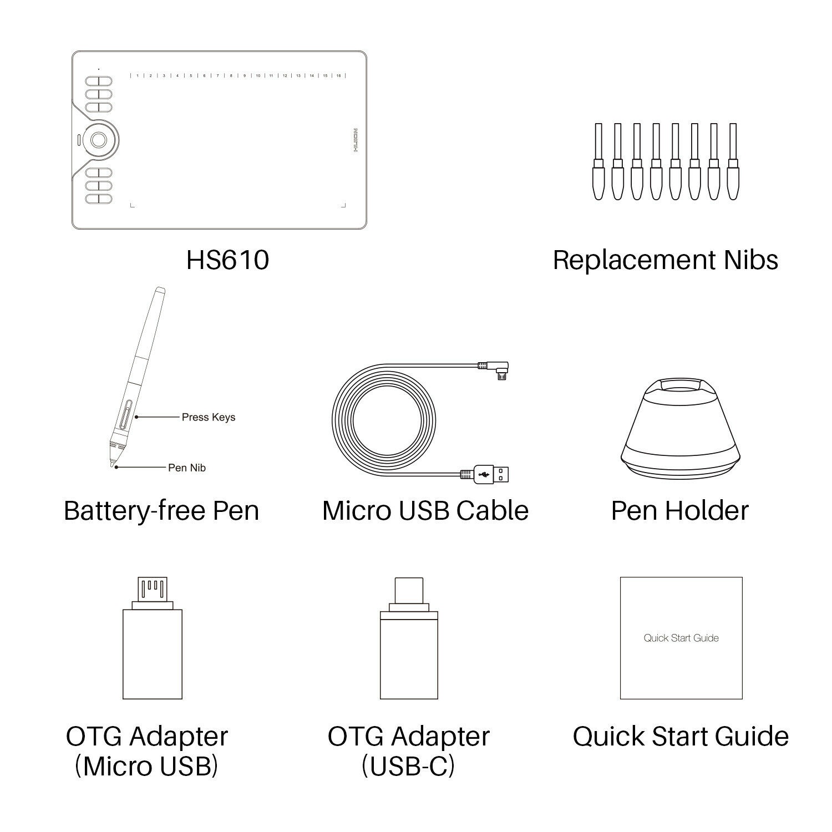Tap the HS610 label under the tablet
(227, 260)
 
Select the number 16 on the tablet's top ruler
(338, 75)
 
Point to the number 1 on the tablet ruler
(137, 75)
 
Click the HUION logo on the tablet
(356, 140)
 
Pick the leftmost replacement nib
(598, 161)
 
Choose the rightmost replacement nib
(733, 161)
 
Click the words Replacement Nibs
(665, 260)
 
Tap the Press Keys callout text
(209, 417)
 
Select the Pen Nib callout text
(187, 468)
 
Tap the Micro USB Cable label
(425, 510)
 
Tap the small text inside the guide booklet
(681, 638)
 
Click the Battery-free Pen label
(161, 510)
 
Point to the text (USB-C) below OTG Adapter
(408, 767)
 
